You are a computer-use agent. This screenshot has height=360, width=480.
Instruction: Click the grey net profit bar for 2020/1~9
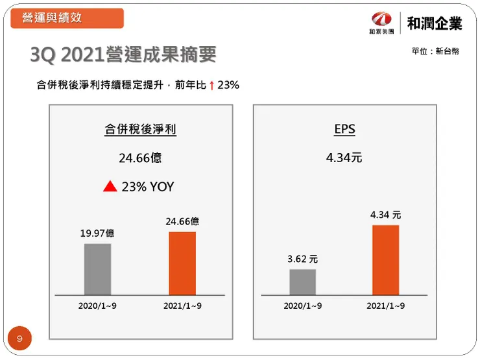click(97, 269)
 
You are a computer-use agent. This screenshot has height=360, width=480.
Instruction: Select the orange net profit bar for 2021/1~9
click(182, 263)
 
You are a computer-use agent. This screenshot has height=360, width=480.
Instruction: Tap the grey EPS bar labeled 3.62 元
click(302, 282)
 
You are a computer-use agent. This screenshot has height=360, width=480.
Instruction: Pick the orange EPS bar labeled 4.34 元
click(385, 260)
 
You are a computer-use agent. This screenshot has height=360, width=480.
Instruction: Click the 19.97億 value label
click(97, 234)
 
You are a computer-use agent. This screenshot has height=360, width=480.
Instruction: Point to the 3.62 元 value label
click(302, 259)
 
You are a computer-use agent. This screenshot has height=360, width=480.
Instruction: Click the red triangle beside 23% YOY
click(110, 187)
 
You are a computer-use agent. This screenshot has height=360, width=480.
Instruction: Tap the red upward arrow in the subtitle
click(211, 85)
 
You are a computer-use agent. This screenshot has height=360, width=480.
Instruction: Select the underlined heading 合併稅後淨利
click(140, 130)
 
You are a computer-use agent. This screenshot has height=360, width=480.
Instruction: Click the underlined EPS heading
click(344, 130)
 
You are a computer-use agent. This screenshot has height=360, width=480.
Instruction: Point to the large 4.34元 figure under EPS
click(344, 158)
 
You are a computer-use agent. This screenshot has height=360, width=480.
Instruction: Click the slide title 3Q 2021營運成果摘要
click(123, 55)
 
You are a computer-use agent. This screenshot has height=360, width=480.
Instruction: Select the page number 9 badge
click(19, 339)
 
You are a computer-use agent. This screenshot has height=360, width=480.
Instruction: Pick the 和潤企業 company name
click(435, 23)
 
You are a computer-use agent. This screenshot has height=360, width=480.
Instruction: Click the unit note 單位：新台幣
click(435, 51)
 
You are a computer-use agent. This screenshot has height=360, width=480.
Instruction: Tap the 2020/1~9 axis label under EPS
click(302, 306)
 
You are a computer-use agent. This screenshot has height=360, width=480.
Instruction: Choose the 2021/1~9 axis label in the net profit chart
click(182, 306)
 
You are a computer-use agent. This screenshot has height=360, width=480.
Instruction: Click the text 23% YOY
click(148, 187)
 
